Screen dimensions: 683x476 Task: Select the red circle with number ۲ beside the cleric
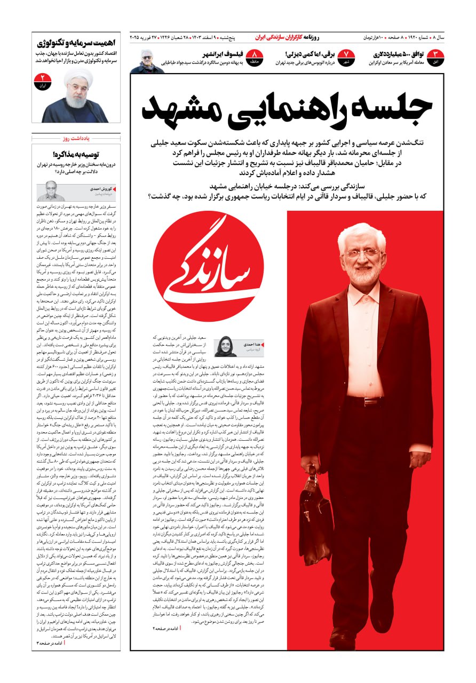pos(42,81)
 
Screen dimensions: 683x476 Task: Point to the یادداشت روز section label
pos(76,138)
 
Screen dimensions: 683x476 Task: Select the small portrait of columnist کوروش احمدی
pos(51,191)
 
